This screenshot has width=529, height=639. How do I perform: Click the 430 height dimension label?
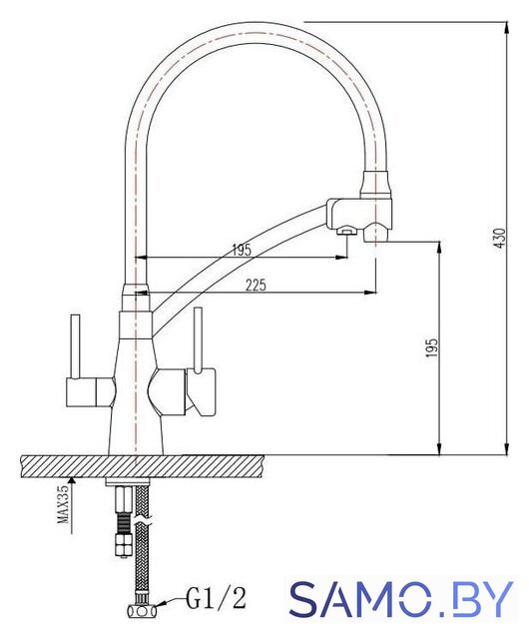point(500,238)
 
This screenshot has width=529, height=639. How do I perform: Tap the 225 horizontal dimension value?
point(256,285)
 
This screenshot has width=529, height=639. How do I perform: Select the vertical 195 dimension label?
point(431,348)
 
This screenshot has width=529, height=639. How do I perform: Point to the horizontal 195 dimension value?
point(242,250)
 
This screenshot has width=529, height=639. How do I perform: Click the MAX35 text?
point(63,504)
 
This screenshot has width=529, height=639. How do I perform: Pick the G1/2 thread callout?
point(217,598)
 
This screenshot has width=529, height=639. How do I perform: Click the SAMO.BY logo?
point(400,599)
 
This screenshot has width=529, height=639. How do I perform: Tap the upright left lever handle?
point(76,346)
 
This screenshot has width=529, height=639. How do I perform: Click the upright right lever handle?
point(198,339)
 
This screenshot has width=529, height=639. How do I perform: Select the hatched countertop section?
point(142,466)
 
